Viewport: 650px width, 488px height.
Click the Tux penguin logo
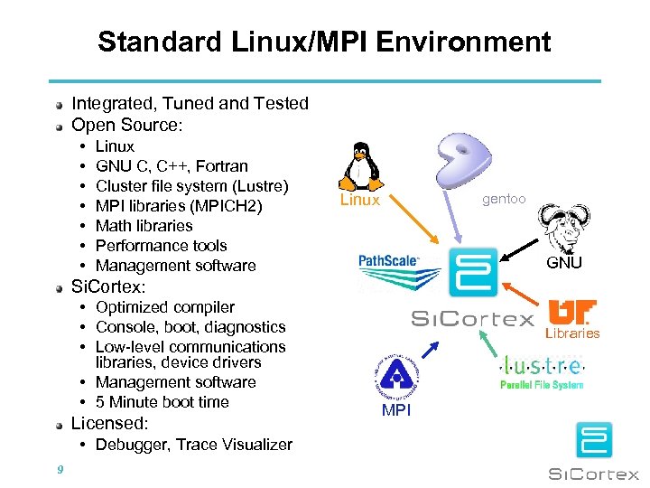(x=360, y=164)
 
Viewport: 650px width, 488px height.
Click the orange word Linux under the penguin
(x=359, y=200)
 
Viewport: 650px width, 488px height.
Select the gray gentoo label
(x=504, y=199)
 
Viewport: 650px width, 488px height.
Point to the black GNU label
(x=564, y=263)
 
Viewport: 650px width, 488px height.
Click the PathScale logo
(x=389, y=260)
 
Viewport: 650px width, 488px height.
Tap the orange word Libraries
(x=571, y=333)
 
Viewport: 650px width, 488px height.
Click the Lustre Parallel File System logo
(x=542, y=371)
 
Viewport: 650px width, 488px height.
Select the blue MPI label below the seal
(x=396, y=410)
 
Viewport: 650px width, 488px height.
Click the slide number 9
(x=59, y=469)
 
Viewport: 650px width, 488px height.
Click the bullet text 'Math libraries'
(x=144, y=226)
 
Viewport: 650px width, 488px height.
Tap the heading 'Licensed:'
(x=109, y=423)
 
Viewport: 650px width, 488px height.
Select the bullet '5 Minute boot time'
(x=162, y=402)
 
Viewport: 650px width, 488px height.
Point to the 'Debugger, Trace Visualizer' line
(x=194, y=445)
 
